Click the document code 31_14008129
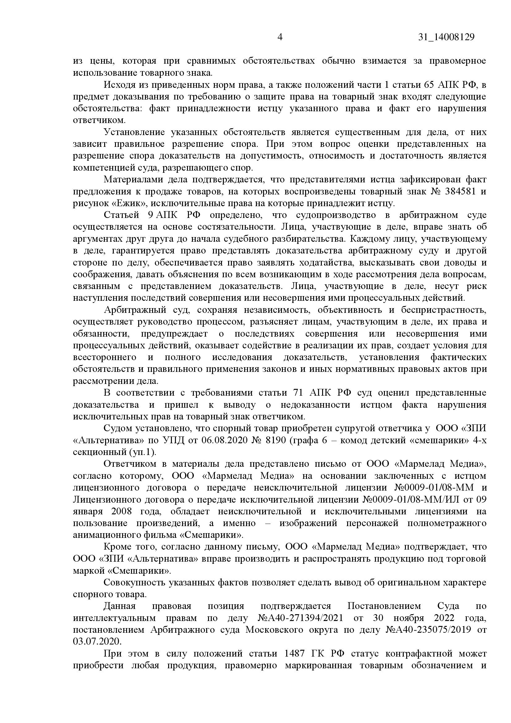tap(446, 37)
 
